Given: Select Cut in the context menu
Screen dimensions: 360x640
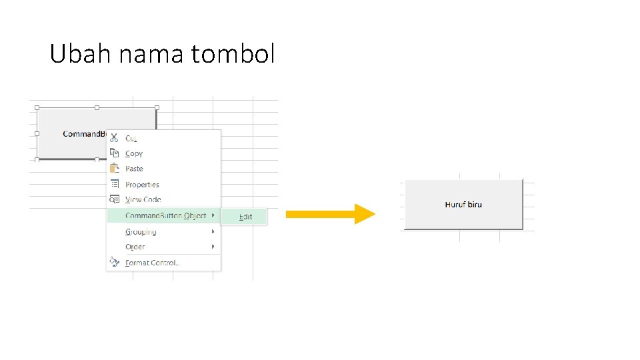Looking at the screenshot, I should click(x=131, y=139).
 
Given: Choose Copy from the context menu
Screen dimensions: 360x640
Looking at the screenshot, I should click(x=134, y=153).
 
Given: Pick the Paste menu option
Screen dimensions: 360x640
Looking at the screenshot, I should click(x=134, y=169).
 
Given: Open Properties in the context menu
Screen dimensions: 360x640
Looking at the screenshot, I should click(x=142, y=185).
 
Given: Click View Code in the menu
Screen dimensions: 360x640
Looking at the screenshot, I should click(x=143, y=199).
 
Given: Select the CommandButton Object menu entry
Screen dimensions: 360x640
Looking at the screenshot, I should click(x=165, y=215).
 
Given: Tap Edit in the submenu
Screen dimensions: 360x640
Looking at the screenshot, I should click(x=246, y=217).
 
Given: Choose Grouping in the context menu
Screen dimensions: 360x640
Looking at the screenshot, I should click(x=141, y=232).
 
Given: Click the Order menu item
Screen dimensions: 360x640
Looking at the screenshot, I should click(x=135, y=247).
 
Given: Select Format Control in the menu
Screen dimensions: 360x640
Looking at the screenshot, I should click(x=152, y=263).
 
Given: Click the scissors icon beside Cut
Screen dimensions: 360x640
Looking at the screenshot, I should click(x=114, y=138).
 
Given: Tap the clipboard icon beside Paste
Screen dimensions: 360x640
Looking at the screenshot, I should click(x=114, y=168).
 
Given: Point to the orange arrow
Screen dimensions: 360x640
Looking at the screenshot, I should click(x=330, y=214).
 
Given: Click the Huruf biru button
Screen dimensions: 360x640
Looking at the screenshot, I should click(x=463, y=205).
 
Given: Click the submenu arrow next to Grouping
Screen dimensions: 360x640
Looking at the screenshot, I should click(x=213, y=231).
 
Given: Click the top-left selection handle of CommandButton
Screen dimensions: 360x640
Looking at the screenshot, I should click(x=37, y=107).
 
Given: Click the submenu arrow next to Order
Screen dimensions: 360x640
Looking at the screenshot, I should click(x=213, y=247).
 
